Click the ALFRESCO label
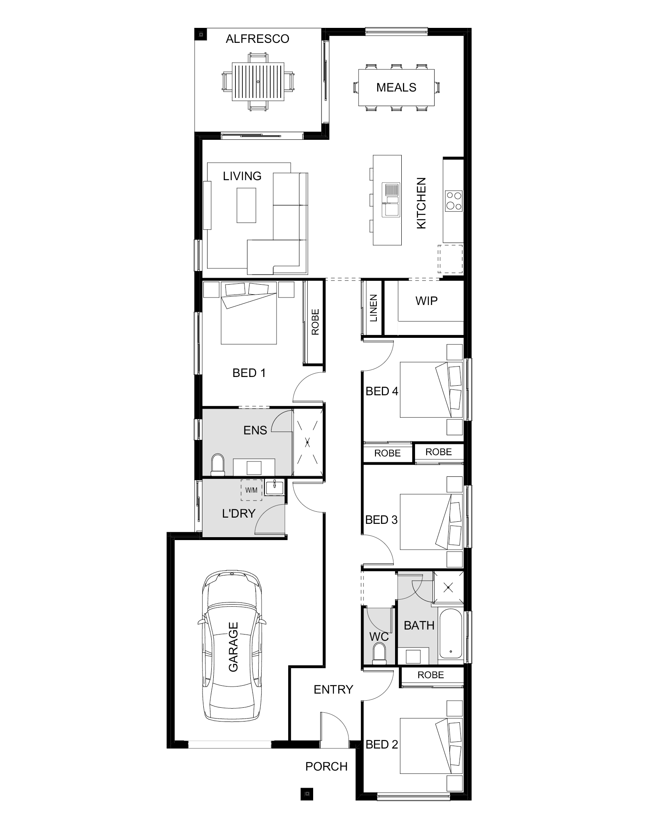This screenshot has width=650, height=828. [257, 39]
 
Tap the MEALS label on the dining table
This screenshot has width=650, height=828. [396, 87]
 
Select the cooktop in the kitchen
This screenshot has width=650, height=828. [453, 201]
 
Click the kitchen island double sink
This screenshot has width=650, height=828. [391, 200]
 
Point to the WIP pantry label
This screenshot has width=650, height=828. [426, 300]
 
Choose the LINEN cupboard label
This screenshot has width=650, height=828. [373, 308]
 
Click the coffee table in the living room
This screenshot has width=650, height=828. [246, 205]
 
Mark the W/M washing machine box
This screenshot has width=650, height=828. [252, 490]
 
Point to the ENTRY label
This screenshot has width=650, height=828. [333, 690]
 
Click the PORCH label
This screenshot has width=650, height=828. [326, 766]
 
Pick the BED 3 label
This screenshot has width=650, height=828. [381, 520]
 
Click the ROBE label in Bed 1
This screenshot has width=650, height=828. [315, 322]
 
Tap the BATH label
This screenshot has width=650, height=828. [419, 625]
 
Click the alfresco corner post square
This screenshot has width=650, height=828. [201, 34]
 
